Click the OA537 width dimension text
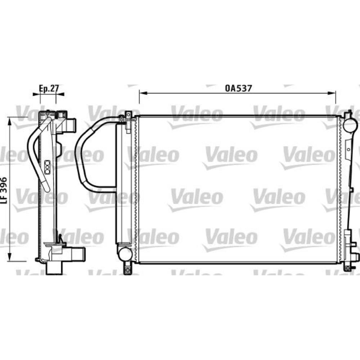click(x=238, y=87)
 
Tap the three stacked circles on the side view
click(x=47, y=165)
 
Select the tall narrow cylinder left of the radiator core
click(x=120, y=184)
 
